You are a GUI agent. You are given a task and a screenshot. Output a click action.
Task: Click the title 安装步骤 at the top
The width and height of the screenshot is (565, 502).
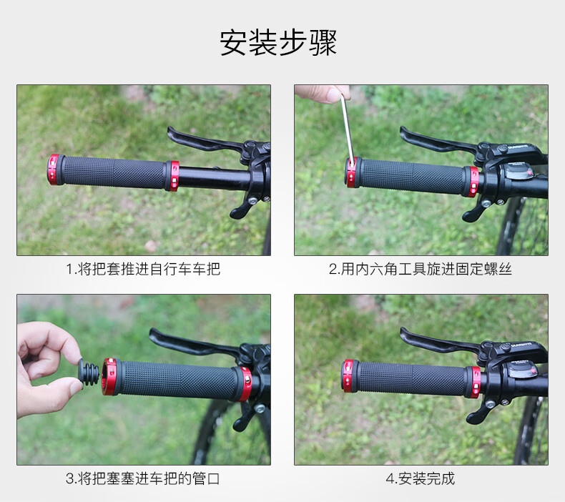[x=278, y=42]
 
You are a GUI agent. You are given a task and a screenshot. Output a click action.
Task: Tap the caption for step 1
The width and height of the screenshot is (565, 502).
[x=143, y=269]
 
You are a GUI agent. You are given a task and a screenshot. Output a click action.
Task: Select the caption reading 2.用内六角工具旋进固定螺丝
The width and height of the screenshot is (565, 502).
[x=420, y=269]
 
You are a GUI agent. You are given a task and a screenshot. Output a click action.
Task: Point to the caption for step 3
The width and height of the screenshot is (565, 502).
[x=143, y=478]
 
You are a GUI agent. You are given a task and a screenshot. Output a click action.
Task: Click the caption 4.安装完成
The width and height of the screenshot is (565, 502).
[x=420, y=478]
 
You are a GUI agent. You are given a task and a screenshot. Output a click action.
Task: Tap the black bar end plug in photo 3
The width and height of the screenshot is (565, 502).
[x=88, y=373]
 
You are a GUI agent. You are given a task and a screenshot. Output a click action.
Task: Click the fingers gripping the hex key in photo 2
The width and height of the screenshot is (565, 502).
[x=323, y=94]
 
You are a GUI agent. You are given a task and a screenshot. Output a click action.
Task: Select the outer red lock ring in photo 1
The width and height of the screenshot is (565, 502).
[x=55, y=169]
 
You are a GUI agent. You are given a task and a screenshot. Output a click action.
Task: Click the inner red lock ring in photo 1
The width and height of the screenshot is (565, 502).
[x=172, y=176]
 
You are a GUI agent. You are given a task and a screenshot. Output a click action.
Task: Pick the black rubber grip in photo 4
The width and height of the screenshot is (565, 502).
[x=411, y=379]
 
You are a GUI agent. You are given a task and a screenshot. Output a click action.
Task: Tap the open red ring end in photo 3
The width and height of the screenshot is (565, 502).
[x=109, y=377]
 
